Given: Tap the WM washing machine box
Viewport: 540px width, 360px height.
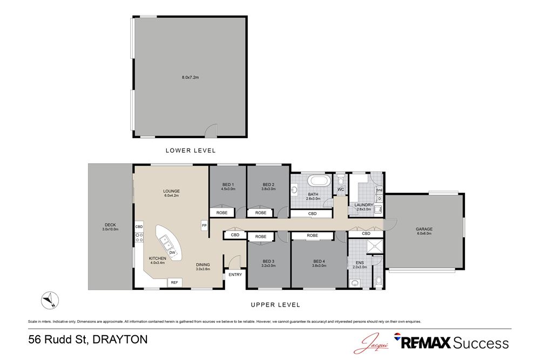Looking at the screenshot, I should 379,190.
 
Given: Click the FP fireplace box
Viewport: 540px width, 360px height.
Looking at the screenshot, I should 204,225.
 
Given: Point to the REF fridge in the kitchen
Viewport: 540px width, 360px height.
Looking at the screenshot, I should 174,282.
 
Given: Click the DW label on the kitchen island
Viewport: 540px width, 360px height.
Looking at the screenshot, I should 172,252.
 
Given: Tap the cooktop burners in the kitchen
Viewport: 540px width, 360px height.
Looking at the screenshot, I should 138,237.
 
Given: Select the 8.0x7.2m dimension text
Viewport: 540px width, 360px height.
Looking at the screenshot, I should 190,78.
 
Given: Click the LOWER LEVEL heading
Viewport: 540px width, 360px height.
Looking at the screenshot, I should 190,150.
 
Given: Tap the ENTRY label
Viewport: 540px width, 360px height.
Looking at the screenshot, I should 235,275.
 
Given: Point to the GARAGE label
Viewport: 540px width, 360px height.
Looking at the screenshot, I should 424,229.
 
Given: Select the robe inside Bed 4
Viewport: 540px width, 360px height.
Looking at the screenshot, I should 312,235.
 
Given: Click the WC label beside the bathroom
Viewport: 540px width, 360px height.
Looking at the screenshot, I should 341,189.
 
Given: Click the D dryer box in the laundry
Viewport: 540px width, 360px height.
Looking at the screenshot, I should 379,199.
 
